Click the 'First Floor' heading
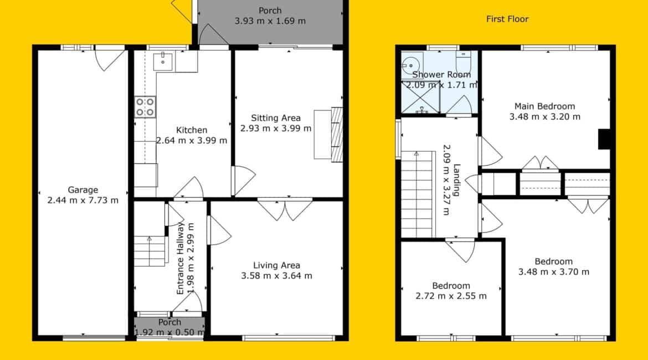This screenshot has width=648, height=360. coord(507,19)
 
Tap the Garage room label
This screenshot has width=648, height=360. coord(83,190)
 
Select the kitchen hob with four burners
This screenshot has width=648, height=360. coord(145,107)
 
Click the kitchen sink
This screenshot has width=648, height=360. coord(163,61)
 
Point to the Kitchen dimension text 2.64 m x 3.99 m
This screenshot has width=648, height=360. coord(192,141)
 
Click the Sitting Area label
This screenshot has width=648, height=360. coord(276,118)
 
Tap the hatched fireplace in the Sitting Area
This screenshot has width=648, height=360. coord(337,135)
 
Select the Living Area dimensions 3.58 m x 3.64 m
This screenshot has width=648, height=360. coord(276,276)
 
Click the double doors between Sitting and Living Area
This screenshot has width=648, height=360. coord(285,209)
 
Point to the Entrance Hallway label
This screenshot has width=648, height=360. coord(180,258)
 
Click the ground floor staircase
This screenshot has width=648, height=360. coord(150,251)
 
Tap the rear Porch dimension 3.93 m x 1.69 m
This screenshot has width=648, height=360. coord(270,21)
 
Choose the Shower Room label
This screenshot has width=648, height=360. coord(441,75)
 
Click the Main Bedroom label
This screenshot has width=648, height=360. coord(544,106)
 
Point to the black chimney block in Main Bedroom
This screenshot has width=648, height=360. coord(605,139)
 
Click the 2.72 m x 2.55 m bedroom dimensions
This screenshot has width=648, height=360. coord(451,296)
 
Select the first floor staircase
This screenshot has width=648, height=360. coord(418,194)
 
